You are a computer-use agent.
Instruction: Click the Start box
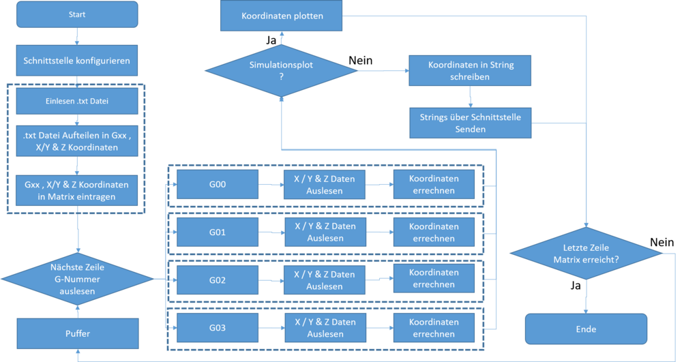[77, 15]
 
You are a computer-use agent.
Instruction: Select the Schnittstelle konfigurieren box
[77, 61]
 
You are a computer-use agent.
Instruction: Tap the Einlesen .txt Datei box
[77, 102]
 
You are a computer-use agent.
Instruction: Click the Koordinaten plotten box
[282, 16]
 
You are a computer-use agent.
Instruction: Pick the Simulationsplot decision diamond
[282, 70]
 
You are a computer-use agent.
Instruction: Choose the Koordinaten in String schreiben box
[471, 71]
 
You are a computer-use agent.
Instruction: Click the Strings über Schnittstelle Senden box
[471, 123]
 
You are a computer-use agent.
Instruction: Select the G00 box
[218, 183]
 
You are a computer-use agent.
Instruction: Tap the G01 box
[218, 232]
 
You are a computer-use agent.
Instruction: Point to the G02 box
[218, 280]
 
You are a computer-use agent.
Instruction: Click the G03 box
[218, 328]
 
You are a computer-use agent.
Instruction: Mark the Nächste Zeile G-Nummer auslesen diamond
[77, 278]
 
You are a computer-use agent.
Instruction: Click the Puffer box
[77, 333]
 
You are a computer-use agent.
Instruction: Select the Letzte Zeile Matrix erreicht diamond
[586, 254]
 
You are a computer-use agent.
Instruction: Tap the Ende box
[586, 329]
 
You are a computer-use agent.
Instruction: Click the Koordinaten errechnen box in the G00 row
[433, 184]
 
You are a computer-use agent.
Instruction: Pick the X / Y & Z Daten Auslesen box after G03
[325, 328]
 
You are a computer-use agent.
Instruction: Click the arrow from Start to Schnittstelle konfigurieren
[77, 37]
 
